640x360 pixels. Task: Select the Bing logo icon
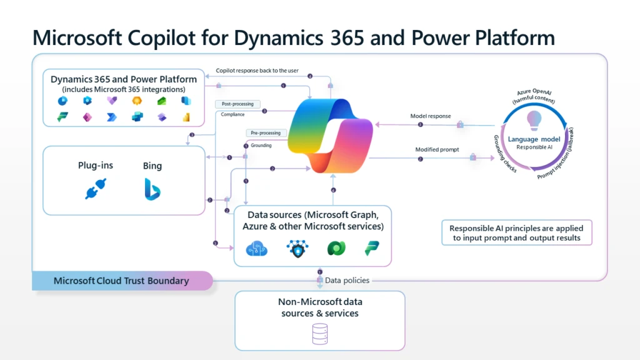(152, 189)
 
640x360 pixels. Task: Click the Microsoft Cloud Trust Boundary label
(121, 281)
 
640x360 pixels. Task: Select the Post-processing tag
(237, 104)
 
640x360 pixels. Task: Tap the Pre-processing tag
(267, 133)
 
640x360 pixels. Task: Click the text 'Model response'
(431, 116)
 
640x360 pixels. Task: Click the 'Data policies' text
(347, 281)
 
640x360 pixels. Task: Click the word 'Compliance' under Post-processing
(232, 114)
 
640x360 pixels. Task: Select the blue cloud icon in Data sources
(257, 248)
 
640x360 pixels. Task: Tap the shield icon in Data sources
(297, 248)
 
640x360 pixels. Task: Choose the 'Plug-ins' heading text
(97, 166)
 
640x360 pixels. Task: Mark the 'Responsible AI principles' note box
(516, 232)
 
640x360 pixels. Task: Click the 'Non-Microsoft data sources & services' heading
(319, 307)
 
